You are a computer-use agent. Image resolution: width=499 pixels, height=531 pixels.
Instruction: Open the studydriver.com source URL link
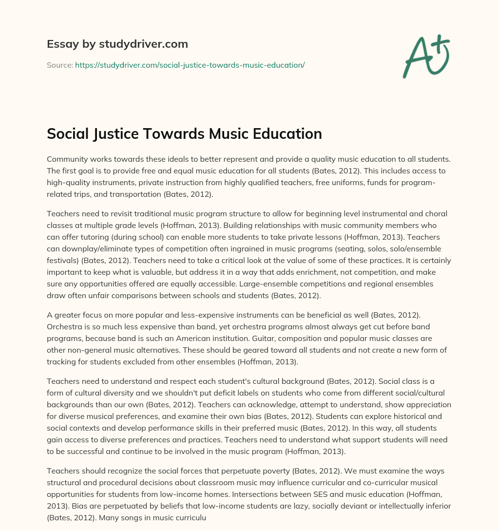[190, 65]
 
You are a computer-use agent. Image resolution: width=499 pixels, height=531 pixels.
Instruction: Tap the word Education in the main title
[281, 134]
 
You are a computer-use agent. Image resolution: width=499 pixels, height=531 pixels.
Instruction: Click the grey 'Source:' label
[59, 65]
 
